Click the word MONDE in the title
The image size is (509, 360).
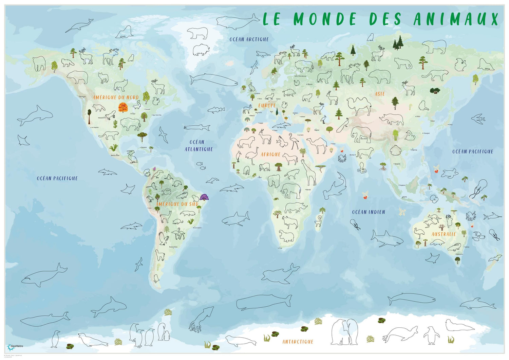pyautogui.click(x=324, y=19)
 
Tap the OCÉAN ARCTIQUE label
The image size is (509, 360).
pyautogui.click(x=249, y=39)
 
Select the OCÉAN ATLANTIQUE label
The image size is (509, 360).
pyautogui.click(x=199, y=145)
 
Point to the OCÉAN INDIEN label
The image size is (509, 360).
pyautogui.click(x=369, y=212)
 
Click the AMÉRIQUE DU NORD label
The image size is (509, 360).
pyautogui.click(x=116, y=97)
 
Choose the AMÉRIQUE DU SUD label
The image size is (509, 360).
pyautogui.click(x=177, y=204)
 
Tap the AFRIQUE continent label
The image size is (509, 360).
pyautogui.click(x=270, y=155)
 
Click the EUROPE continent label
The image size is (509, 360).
pyautogui.click(x=267, y=106)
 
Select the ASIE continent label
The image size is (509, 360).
pyautogui.click(x=379, y=94)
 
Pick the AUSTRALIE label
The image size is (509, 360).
pyautogui.click(x=444, y=234)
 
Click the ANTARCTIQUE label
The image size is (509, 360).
pyautogui.click(x=298, y=342)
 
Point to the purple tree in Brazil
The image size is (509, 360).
pyautogui.click(x=204, y=197)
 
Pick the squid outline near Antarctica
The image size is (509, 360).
pyautogui.click(x=202, y=318)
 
